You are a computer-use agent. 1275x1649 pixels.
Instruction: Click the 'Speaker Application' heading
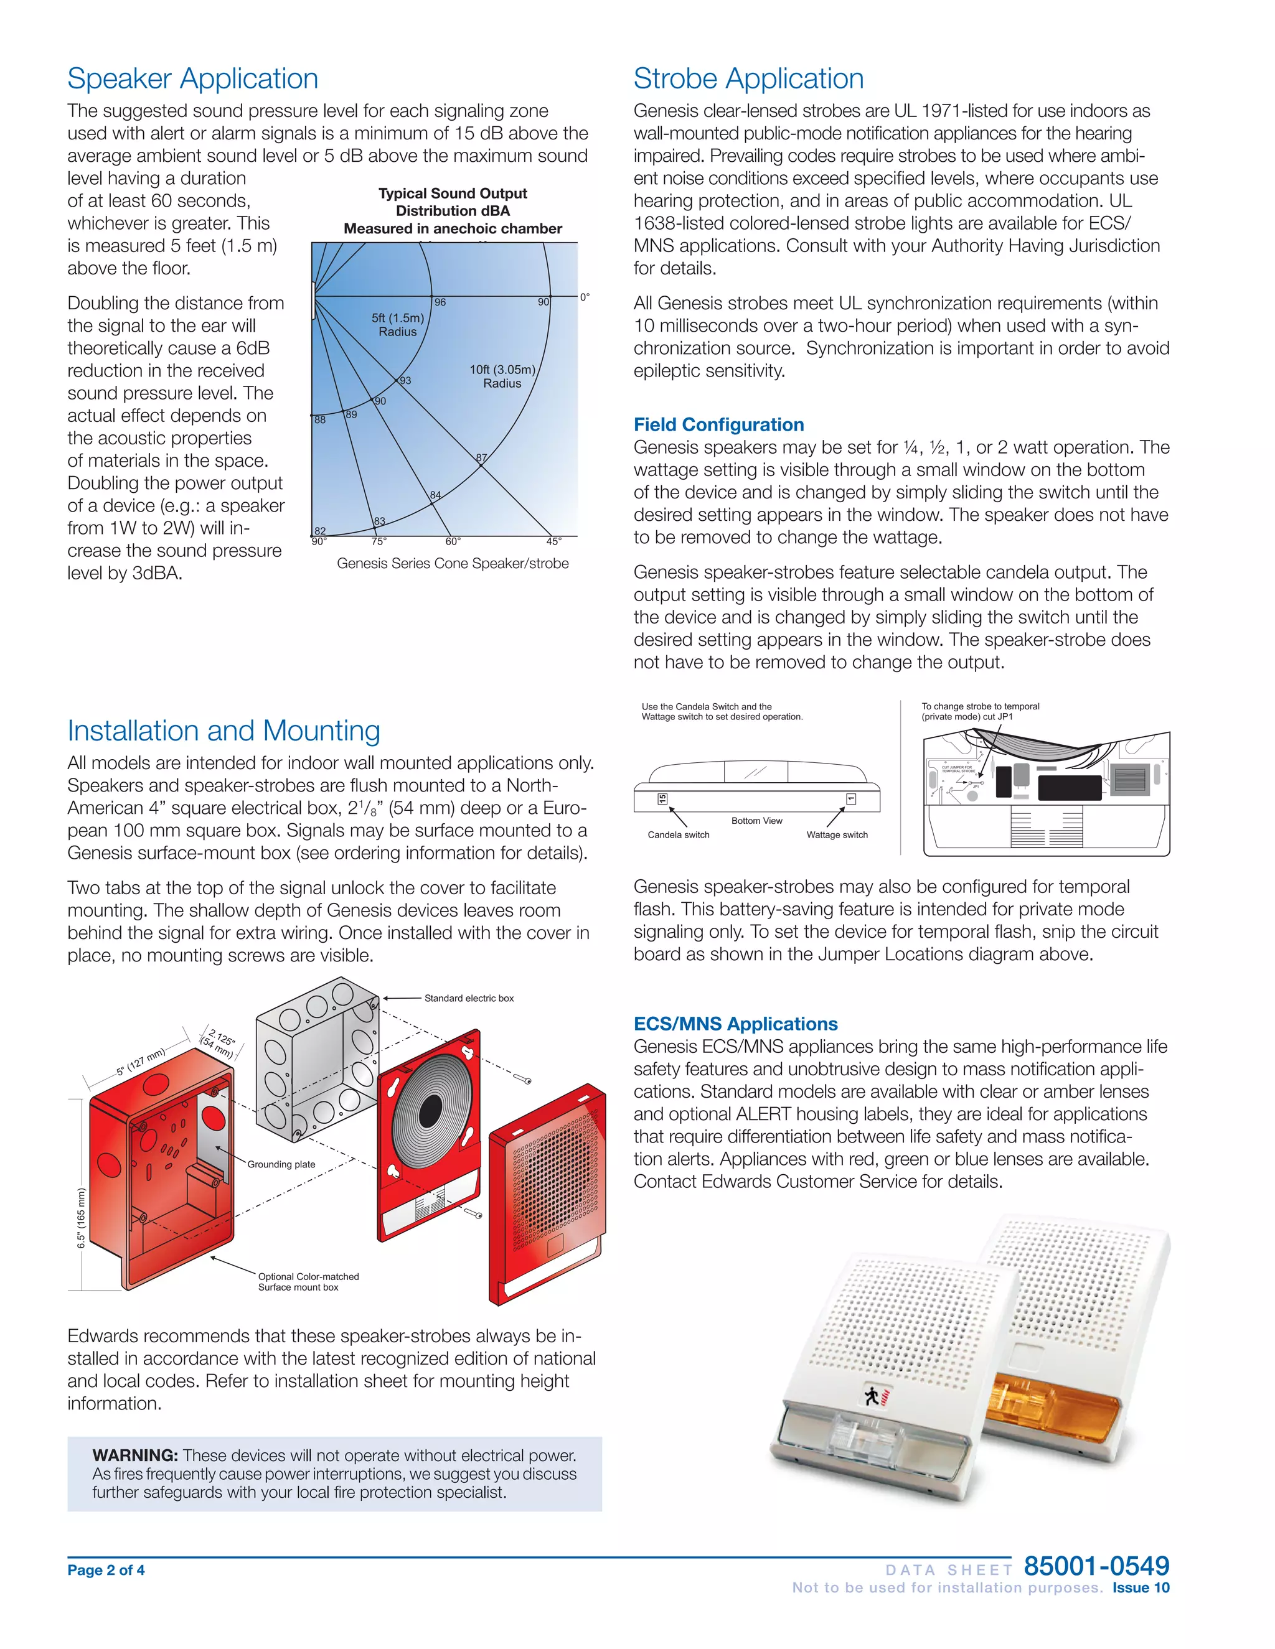(x=192, y=78)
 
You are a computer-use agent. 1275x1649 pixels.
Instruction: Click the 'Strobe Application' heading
(x=748, y=78)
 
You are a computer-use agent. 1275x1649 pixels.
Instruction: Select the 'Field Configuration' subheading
(x=718, y=424)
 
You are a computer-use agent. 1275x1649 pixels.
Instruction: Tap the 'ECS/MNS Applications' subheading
(x=735, y=1024)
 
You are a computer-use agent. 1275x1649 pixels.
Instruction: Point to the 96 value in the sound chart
(x=440, y=302)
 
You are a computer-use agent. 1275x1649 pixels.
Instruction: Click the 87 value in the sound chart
(x=482, y=457)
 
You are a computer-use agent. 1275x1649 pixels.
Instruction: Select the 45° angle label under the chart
(x=553, y=541)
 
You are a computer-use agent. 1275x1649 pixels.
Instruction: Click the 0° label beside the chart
(x=585, y=297)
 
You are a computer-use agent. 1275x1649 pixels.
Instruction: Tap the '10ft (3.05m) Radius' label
(x=502, y=376)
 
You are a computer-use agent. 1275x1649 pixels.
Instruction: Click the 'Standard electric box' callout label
(x=468, y=998)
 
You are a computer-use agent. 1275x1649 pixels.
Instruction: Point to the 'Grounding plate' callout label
(x=281, y=1164)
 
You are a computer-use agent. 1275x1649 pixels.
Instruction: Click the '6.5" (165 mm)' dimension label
(x=81, y=1218)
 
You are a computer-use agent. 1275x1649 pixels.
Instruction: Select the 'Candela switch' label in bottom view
(x=679, y=835)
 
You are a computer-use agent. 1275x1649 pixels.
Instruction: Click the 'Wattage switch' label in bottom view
(x=837, y=835)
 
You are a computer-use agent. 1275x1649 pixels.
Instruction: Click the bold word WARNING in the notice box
(x=134, y=1455)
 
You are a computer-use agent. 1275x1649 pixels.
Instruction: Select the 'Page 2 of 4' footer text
(x=106, y=1571)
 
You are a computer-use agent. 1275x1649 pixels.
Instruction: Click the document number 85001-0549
(x=1096, y=1566)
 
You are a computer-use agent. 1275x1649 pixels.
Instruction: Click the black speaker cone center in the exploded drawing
(x=430, y=1110)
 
